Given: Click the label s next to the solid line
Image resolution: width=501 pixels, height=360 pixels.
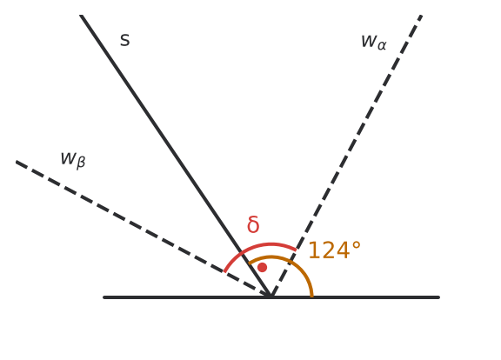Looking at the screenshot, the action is point(125,41).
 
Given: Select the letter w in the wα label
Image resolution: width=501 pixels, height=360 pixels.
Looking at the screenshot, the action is point(368,41).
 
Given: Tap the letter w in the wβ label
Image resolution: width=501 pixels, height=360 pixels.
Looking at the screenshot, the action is point(68,158).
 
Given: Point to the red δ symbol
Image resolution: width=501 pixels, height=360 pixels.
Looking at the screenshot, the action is point(253,224).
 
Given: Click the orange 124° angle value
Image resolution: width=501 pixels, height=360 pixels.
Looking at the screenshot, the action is point(335,250).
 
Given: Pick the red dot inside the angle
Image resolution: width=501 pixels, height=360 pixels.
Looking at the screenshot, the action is point(262,267).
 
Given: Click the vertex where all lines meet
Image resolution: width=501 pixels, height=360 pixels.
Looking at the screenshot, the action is point(271,297).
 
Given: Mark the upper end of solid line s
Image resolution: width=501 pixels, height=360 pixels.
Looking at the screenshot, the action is point(81,16).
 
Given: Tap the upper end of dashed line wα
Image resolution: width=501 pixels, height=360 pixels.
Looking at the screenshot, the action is point(422,16).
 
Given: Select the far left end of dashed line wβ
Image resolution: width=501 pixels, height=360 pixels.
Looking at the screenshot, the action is point(17,162).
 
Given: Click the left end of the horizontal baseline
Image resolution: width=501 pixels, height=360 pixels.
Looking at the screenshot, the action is point(104,297).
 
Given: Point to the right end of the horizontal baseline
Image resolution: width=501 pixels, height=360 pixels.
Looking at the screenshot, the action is point(438,297).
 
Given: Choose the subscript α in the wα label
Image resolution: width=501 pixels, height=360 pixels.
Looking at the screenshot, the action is point(382,45).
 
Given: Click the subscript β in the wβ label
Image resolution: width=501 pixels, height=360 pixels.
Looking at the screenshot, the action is point(81,162).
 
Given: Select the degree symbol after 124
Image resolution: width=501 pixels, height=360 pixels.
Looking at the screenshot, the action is point(357,245).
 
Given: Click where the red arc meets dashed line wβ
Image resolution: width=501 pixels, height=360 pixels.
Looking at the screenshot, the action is point(225,272).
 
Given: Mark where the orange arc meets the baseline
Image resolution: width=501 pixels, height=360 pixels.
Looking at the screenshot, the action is point(312,297).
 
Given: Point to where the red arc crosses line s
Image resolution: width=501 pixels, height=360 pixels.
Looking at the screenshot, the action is point(243,250).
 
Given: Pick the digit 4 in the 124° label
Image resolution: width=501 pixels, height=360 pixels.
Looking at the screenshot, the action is point(342,250).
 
